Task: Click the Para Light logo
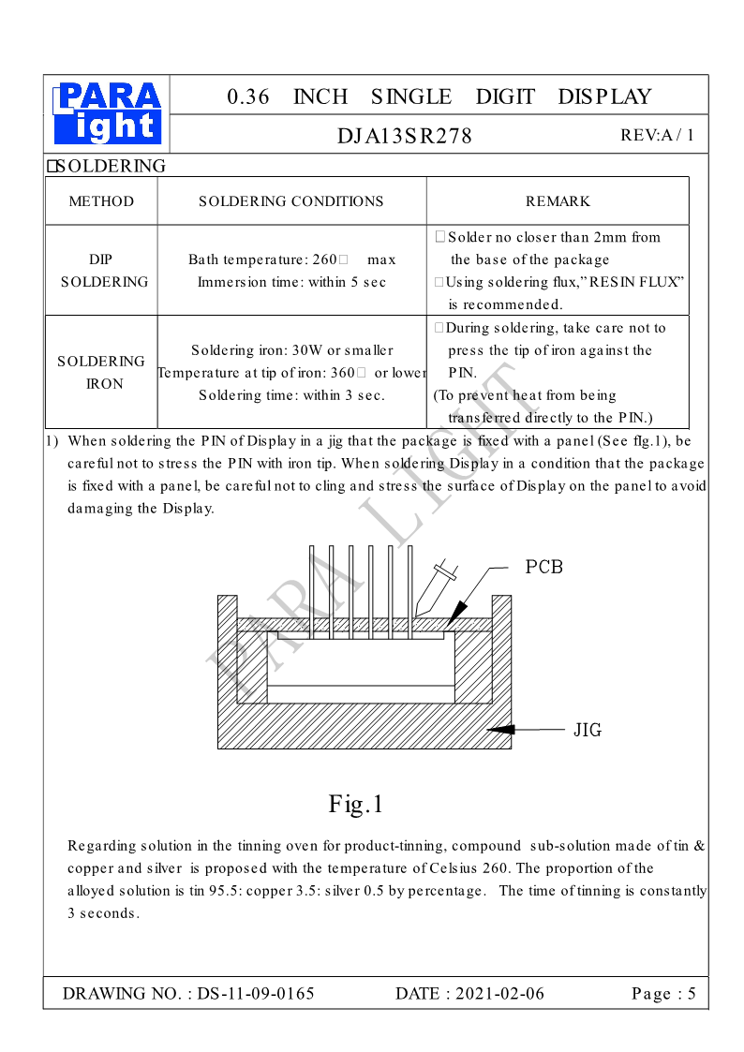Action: click(x=108, y=113)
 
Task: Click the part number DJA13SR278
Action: click(x=405, y=136)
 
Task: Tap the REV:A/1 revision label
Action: click(x=657, y=135)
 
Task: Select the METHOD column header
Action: click(x=101, y=201)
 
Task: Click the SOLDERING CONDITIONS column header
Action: click(x=291, y=201)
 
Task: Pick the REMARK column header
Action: click(x=558, y=201)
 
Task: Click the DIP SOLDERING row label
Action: click(x=103, y=271)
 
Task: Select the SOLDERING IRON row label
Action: click(x=102, y=372)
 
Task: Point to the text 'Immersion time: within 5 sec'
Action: click(x=291, y=282)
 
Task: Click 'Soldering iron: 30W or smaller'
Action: click(x=291, y=350)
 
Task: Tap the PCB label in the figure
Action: click(x=543, y=568)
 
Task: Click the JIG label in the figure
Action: click(x=588, y=730)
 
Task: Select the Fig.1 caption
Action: click(x=356, y=804)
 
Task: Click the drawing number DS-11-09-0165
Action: click(x=255, y=994)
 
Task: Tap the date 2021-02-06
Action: click(x=498, y=994)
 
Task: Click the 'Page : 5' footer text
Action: click(x=663, y=994)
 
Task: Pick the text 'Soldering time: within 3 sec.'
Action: click(x=291, y=395)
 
